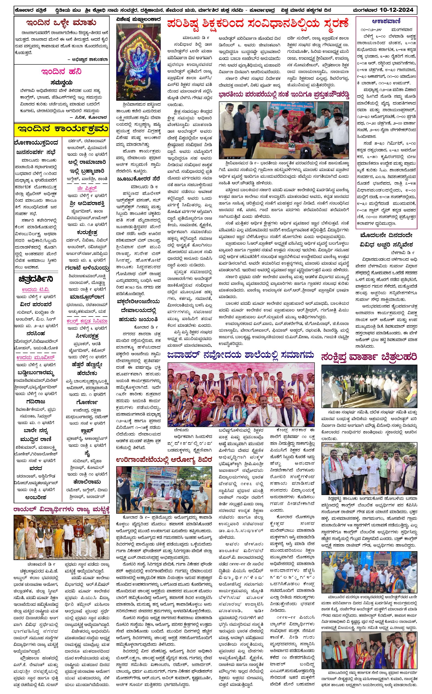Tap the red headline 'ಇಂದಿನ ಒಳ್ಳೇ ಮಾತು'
click(61, 23)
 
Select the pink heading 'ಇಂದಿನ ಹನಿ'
click(61, 71)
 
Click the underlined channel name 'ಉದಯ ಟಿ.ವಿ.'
click(36, 290)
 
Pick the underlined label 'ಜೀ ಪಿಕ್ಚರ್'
click(87, 189)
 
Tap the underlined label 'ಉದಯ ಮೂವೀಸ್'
click(36, 358)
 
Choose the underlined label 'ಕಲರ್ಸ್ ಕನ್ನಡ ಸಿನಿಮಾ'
click(87, 321)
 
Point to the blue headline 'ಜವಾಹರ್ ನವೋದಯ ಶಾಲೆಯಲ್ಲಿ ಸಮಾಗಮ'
click(241, 356)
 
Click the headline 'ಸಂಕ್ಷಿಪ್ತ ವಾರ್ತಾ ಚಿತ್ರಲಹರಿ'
click(369, 357)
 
